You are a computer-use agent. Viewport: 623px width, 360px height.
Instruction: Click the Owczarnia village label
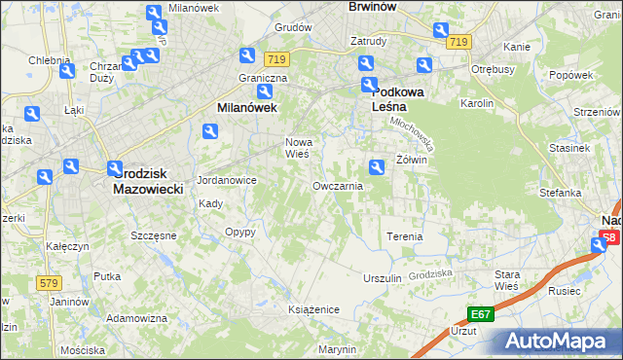coord(338,185)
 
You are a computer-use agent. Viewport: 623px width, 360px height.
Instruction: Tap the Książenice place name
coord(312,308)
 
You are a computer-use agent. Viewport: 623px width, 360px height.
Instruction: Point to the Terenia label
coord(405,236)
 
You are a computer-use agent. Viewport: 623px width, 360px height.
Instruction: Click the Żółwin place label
coord(412,159)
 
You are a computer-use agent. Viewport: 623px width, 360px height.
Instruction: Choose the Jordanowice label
coord(226,180)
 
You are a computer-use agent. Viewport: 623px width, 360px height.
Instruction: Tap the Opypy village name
coord(239,232)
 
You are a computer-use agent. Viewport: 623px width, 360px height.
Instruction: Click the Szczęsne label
coord(154,235)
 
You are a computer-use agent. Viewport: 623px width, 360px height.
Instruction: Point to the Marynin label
coord(337,349)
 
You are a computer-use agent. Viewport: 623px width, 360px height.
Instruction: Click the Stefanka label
coord(561,193)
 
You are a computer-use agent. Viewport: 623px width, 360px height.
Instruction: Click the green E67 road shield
coord(479,314)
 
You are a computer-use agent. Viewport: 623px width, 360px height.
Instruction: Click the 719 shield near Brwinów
coord(459,42)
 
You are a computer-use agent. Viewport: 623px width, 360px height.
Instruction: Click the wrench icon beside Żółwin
coord(377,166)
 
